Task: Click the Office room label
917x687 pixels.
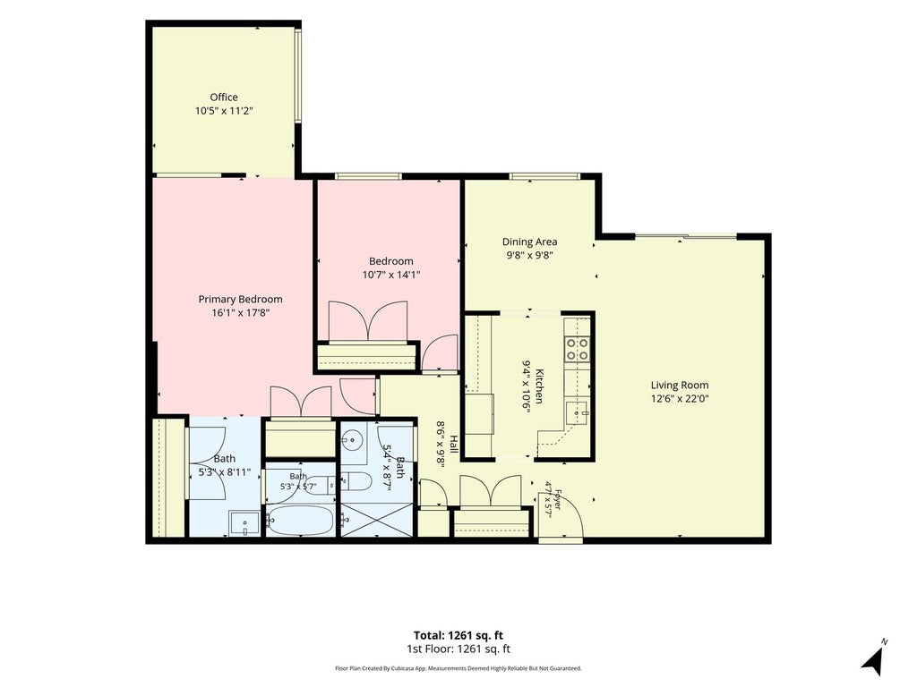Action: (224, 97)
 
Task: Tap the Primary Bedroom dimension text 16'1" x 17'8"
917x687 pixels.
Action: (240, 313)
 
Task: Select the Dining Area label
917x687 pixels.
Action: (530, 242)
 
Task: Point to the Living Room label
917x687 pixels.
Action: (680, 385)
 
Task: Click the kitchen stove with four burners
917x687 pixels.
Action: (578, 349)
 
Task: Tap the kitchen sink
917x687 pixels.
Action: (578, 413)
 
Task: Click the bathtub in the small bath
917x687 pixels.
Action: (300, 520)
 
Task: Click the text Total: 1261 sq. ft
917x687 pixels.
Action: (458, 636)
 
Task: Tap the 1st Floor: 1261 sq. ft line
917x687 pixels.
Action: (458, 649)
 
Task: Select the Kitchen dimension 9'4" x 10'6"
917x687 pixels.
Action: (526, 388)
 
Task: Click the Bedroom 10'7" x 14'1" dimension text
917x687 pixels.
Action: (392, 275)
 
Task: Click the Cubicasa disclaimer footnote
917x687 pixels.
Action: (458, 668)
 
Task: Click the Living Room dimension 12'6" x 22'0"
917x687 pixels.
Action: (680, 399)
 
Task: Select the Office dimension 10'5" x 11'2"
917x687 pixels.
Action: (224, 110)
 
